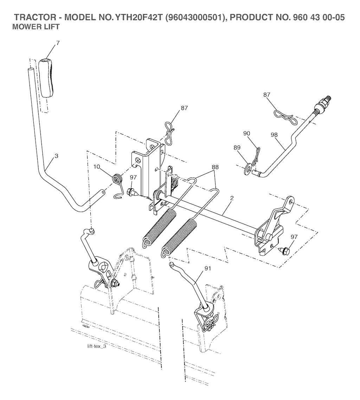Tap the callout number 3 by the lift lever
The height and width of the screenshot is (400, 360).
point(57,155)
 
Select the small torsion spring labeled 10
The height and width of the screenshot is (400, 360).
point(117,181)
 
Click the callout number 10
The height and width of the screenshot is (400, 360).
point(97,166)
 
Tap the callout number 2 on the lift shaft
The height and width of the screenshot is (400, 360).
point(232,198)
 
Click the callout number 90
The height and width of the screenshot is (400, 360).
point(247,134)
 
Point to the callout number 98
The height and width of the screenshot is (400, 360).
point(275,135)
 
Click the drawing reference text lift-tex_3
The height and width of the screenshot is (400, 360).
point(96,347)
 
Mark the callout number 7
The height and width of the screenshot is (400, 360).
point(58,43)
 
